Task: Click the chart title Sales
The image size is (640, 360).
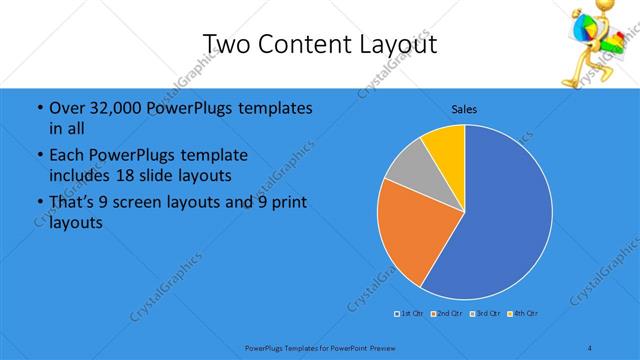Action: (464, 108)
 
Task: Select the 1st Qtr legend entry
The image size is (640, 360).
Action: (409, 314)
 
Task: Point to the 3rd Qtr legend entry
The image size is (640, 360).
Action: (487, 314)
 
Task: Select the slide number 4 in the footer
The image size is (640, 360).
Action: (590, 347)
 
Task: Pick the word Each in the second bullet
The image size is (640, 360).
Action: (66, 156)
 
